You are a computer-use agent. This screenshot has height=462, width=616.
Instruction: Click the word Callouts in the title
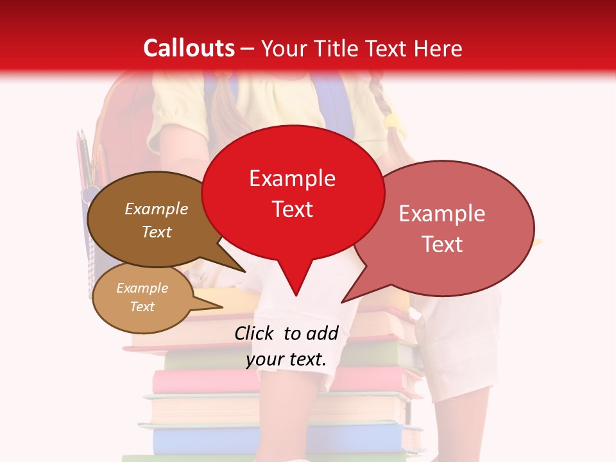point(189,48)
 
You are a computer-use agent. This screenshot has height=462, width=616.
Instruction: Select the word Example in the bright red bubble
point(292,178)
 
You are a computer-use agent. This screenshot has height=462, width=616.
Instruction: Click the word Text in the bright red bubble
point(292,209)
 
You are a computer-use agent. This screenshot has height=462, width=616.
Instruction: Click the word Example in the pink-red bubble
point(442,214)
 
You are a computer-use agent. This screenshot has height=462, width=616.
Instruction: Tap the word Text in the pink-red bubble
point(442,244)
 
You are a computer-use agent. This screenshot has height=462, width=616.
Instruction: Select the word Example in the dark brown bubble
point(156,209)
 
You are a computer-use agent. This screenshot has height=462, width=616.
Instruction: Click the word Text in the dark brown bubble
point(156,232)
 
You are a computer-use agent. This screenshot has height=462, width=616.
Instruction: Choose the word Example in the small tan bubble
point(142,288)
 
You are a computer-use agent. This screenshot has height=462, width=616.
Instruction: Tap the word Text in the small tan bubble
point(142,307)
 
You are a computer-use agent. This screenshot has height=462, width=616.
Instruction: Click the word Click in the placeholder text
point(255,333)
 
